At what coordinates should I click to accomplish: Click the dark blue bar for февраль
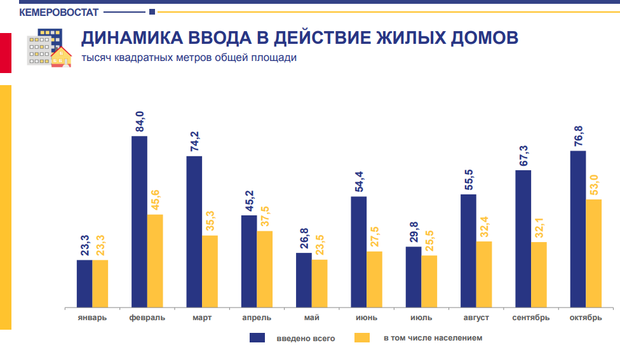(139, 221)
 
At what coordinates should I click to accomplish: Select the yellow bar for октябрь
(593, 253)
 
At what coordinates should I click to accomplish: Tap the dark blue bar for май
(304, 280)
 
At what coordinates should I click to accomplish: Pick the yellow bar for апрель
(264, 269)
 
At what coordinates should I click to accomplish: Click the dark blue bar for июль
(414, 276)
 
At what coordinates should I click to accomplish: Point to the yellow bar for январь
(100, 283)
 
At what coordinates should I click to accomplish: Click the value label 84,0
(139, 121)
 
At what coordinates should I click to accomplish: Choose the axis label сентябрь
(530, 318)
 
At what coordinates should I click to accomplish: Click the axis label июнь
(367, 318)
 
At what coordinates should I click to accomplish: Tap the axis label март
(202, 318)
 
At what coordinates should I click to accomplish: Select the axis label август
(476, 318)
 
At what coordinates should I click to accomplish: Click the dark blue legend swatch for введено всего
(257, 338)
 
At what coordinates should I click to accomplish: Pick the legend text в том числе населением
(433, 338)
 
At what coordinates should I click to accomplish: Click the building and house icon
(49, 48)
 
